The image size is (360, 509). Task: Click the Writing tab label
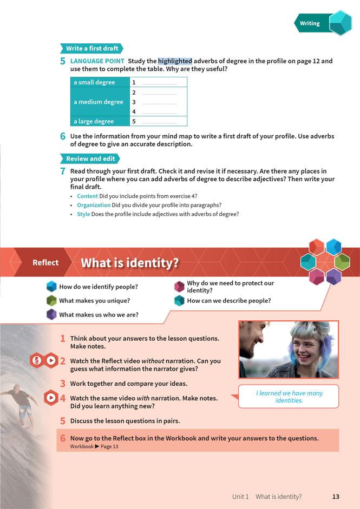[x=310, y=23]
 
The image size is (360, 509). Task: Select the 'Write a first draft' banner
[x=92, y=48]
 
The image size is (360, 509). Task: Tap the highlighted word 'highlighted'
[x=175, y=61]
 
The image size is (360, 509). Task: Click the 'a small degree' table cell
[x=95, y=82]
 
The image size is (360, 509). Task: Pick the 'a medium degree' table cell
[x=99, y=102]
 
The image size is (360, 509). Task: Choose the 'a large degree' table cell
[x=94, y=121]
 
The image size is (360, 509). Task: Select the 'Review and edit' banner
[x=90, y=158]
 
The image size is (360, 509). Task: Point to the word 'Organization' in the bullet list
[x=93, y=205]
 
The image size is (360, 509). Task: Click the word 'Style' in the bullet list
[x=83, y=214]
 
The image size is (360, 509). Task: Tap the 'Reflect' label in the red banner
[x=45, y=262]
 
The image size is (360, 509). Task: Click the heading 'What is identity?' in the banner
[x=129, y=263]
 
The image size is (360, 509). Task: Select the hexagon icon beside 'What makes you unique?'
[x=51, y=301]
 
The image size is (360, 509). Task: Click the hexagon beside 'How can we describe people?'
[x=179, y=301]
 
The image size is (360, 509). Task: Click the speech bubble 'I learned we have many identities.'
[x=289, y=396]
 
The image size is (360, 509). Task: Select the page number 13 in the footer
[x=336, y=497]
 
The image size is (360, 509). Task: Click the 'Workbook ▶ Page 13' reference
[x=94, y=446]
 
